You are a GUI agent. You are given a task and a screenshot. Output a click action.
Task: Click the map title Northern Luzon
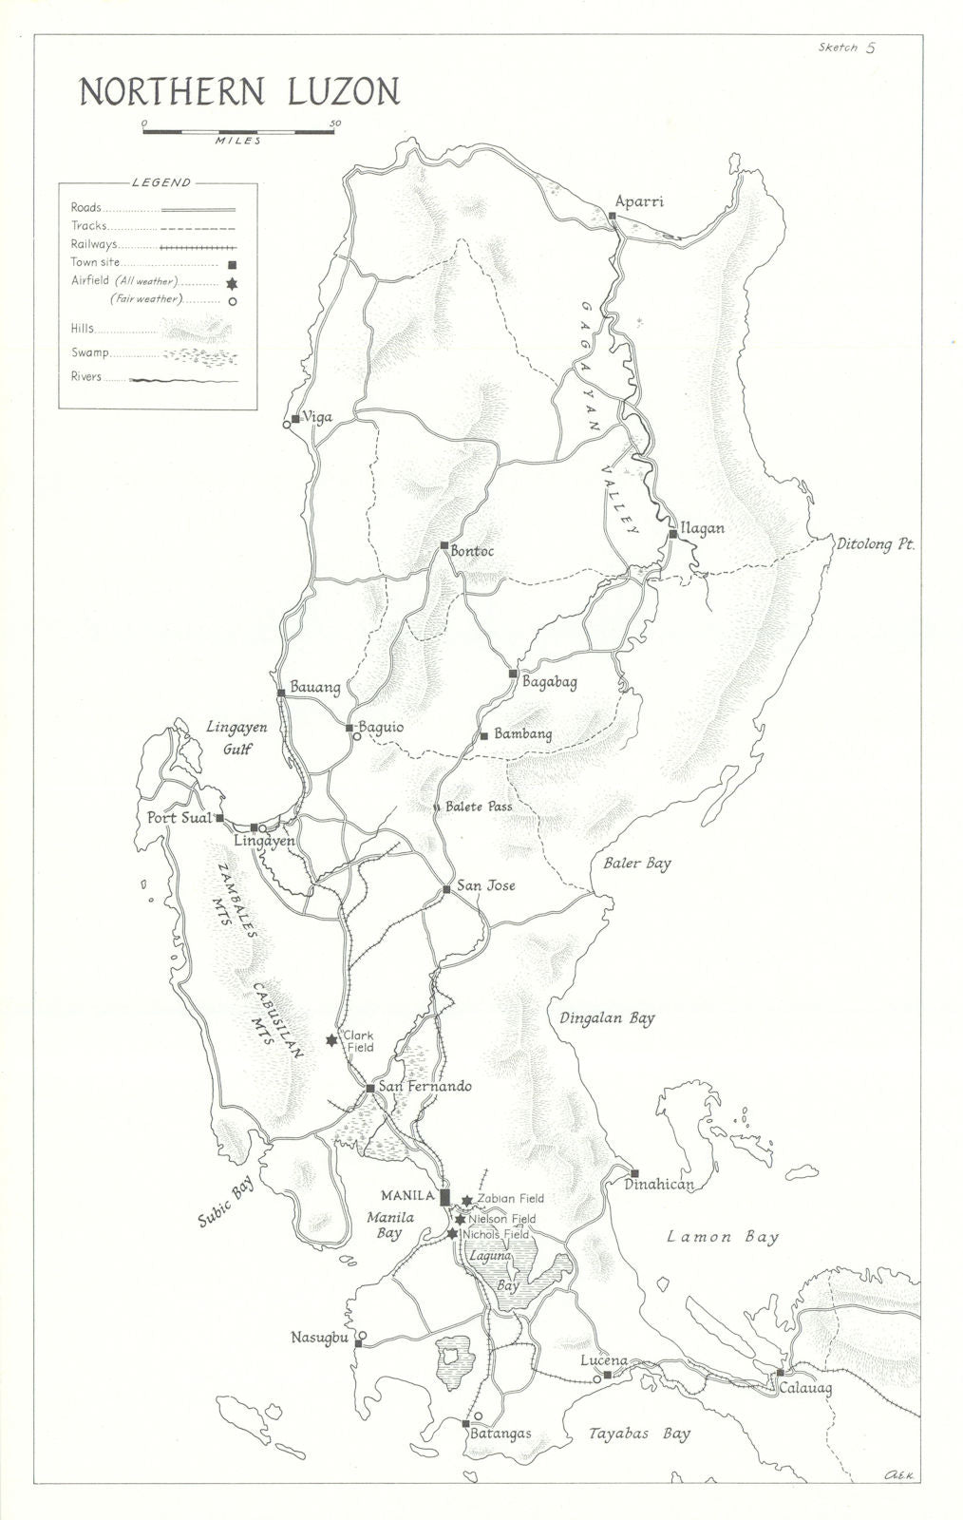(238, 91)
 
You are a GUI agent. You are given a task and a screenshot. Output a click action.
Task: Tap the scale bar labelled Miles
(238, 131)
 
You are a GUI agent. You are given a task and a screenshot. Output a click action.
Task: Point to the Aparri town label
(639, 201)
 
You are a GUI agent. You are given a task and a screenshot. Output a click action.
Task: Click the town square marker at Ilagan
(672, 535)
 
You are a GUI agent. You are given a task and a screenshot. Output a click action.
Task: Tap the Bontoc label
(473, 551)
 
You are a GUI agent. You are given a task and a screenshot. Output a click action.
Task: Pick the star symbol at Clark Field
(331, 1040)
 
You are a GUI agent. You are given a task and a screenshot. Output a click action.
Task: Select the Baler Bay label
(636, 864)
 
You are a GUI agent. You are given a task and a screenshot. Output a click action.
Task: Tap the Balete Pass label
(479, 807)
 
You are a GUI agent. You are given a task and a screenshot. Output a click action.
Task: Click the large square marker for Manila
(444, 1196)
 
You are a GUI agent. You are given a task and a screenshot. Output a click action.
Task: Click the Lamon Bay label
(723, 1237)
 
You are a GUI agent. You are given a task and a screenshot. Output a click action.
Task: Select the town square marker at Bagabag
(513, 674)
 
